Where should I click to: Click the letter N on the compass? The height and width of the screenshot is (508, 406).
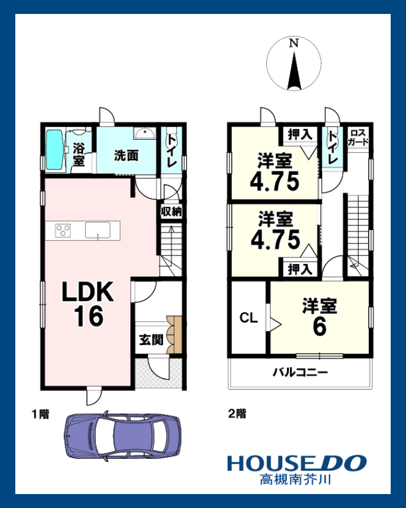(294, 43)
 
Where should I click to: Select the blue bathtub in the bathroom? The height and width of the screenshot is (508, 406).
(54, 150)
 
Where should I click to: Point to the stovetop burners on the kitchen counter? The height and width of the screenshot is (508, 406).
(63, 231)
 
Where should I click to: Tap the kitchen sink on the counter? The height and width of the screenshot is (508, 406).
(98, 230)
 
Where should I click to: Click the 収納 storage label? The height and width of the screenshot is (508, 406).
(171, 211)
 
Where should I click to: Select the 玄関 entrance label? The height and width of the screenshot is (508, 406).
(151, 340)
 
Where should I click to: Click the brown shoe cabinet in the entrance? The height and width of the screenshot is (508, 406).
(174, 334)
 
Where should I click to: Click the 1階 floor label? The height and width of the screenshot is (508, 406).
(41, 414)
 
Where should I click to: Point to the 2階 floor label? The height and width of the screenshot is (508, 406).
(237, 414)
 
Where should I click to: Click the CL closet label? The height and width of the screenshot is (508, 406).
(248, 318)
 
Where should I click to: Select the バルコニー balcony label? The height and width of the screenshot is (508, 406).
(300, 372)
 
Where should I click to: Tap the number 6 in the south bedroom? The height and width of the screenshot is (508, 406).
(319, 327)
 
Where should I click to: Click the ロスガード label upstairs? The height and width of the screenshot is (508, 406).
(358, 138)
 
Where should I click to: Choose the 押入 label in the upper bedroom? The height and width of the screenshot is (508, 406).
(300, 134)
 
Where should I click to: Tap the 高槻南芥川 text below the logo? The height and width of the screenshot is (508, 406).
(295, 479)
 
